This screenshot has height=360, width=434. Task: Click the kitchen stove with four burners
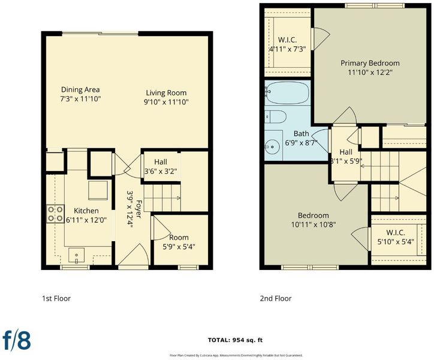55,214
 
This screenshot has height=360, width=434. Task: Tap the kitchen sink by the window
76,256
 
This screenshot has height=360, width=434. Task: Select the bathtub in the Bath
287,92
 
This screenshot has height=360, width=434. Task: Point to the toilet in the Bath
275,116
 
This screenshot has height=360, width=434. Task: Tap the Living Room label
166,93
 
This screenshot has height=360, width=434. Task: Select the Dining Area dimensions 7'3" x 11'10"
80,99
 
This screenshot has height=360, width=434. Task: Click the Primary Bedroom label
370,63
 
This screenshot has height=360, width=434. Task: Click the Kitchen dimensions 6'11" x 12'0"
86,220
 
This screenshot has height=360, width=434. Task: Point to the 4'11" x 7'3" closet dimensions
288,49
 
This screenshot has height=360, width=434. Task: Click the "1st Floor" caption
56,298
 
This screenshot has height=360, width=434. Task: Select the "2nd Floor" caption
276,298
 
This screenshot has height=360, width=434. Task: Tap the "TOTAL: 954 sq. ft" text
235,340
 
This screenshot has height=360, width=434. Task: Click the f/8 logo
17,340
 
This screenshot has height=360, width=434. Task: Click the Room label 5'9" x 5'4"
179,242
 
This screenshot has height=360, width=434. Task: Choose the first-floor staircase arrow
162,198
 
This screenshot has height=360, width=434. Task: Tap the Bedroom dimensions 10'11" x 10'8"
314,224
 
